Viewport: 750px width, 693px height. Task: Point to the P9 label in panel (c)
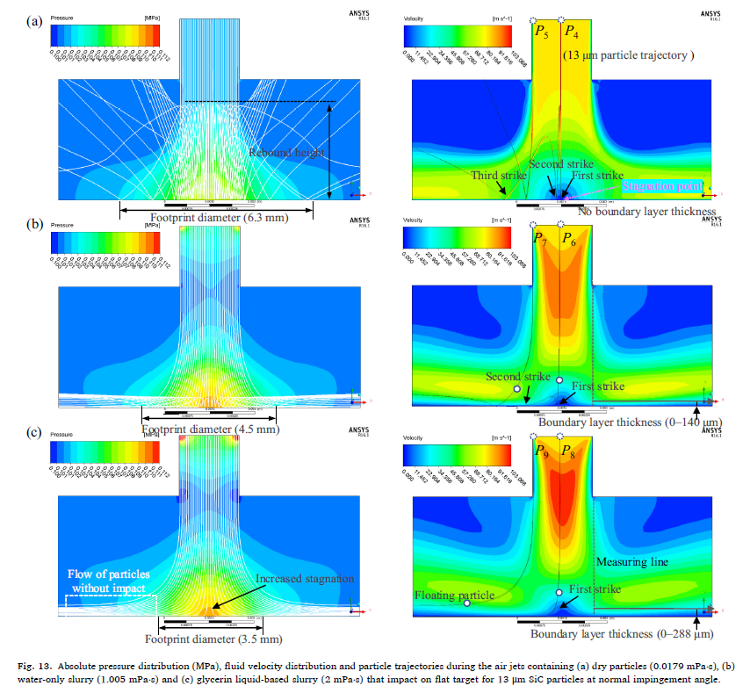[x=542, y=455]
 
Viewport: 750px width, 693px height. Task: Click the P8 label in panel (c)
[x=570, y=455]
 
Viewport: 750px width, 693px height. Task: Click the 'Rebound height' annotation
[x=286, y=153]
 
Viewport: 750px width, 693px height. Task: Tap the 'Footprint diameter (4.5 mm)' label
[x=210, y=430]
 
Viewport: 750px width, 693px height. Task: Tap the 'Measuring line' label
[x=631, y=561]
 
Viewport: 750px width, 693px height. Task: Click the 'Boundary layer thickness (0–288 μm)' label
[x=621, y=633]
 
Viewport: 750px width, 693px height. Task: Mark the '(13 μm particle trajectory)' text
[x=628, y=55]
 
